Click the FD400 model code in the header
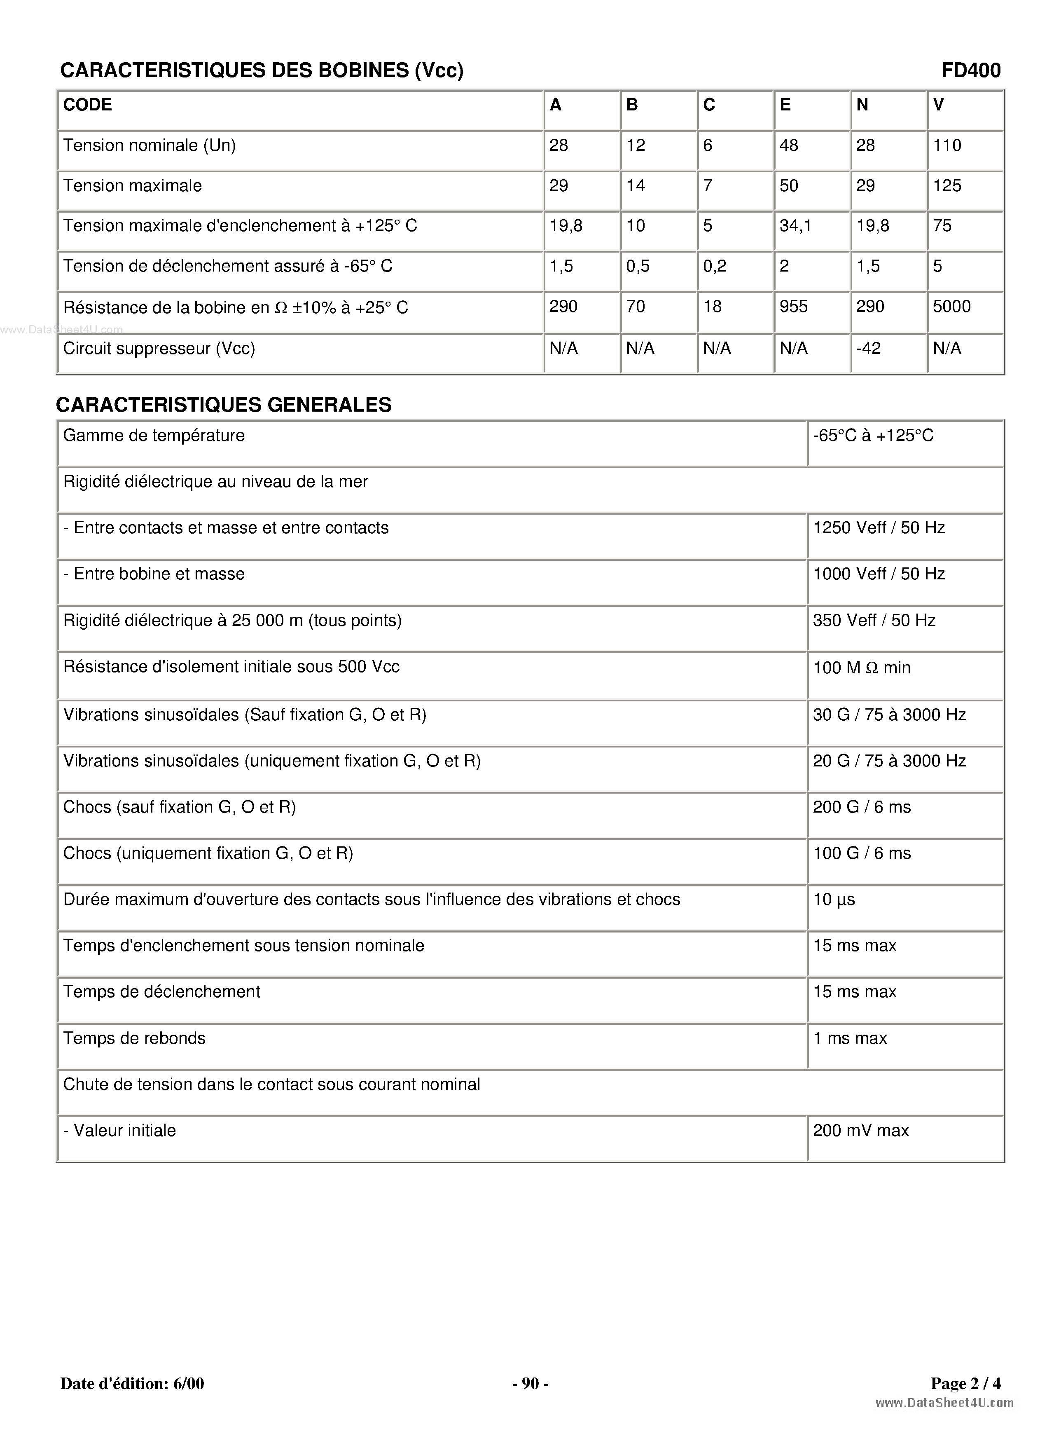(x=970, y=70)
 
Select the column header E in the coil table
(x=785, y=105)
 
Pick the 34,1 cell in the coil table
(x=795, y=225)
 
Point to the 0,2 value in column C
(x=714, y=266)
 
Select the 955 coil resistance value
(x=793, y=307)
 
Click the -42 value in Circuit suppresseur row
(x=868, y=348)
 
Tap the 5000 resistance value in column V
(x=951, y=307)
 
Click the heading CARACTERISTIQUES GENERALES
(x=224, y=405)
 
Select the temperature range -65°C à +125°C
(x=873, y=436)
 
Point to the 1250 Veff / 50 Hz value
(x=879, y=527)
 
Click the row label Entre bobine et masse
(x=154, y=574)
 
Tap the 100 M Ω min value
(x=861, y=668)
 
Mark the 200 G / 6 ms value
(x=861, y=807)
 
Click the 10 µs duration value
(x=834, y=900)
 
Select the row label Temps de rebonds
(x=134, y=1038)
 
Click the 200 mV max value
(x=860, y=1131)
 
